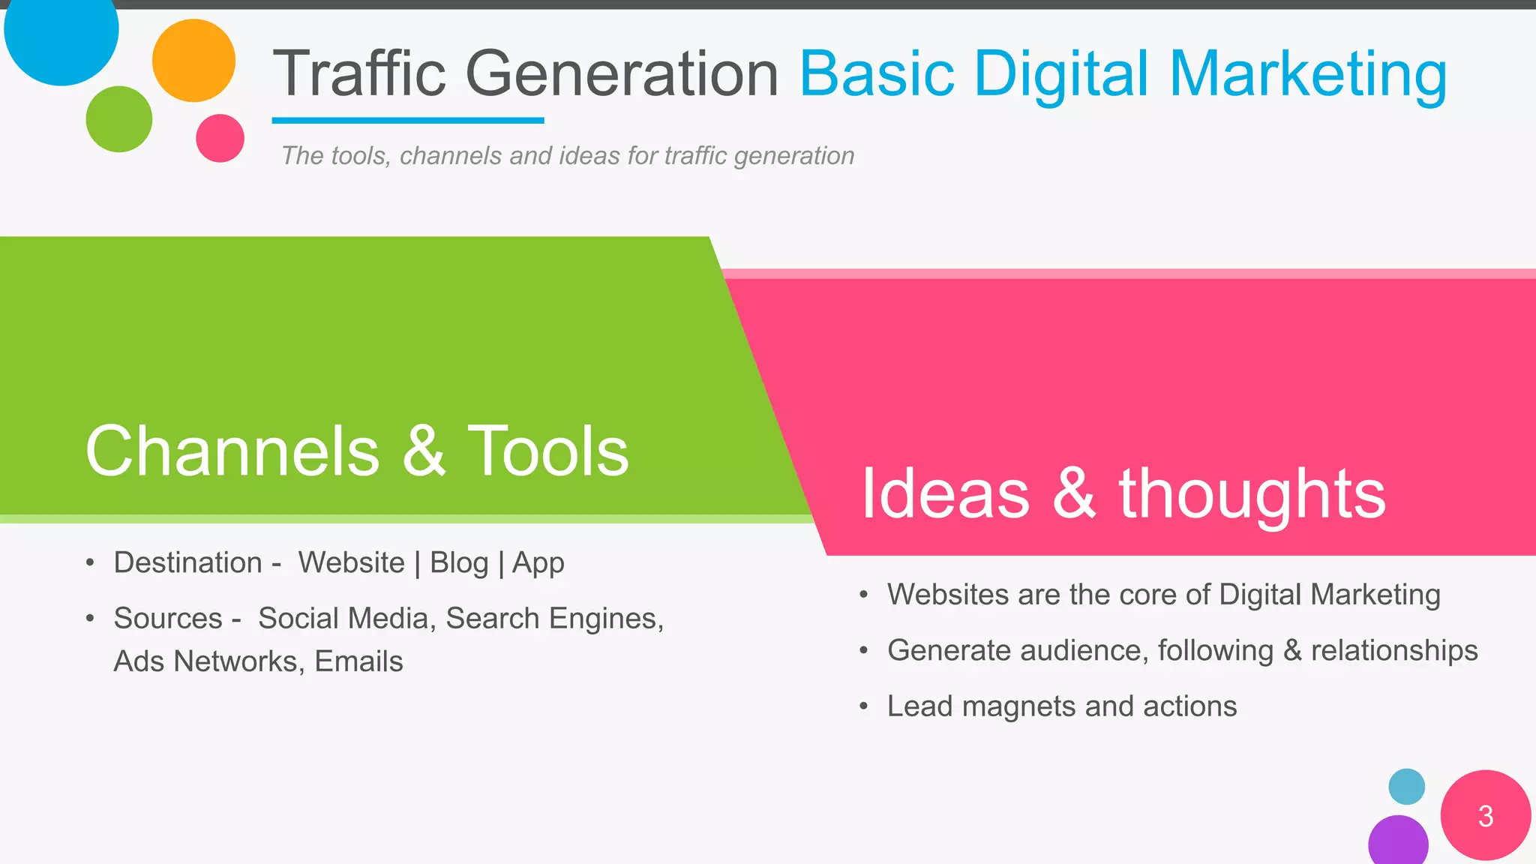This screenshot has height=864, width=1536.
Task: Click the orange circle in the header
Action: coord(193,61)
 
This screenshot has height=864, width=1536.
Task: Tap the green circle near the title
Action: coord(119,119)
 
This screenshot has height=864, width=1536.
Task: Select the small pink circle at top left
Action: coord(220,138)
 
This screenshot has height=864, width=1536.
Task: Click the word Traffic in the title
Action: coord(359,73)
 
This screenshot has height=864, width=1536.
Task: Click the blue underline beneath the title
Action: coord(407,120)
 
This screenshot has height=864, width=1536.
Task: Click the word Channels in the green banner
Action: coord(232,451)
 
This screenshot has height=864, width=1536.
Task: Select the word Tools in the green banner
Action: coord(547,451)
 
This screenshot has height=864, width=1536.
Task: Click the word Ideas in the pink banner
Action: coord(945,493)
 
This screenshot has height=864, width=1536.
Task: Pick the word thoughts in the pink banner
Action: coord(1252,493)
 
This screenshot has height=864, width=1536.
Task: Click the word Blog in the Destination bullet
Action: coord(459,562)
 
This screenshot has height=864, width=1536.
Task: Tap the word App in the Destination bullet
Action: coord(538,562)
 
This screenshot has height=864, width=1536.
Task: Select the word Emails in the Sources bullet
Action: coord(358,661)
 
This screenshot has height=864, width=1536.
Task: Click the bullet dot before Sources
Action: coord(90,619)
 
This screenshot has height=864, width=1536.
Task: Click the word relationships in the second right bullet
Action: coord(1394,650)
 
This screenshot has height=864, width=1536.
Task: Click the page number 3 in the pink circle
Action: coord(1486,816)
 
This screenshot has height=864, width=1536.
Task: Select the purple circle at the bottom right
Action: coord(1398,841)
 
